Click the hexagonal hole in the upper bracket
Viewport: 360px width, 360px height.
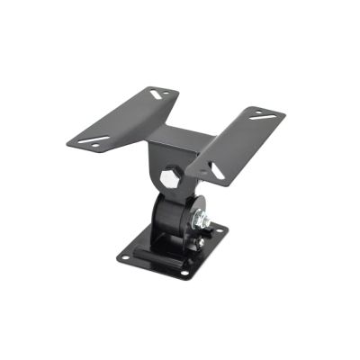pyautogui.click(x=172, y=172)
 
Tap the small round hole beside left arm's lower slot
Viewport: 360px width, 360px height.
pyautogui.click(x=81, y=137)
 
